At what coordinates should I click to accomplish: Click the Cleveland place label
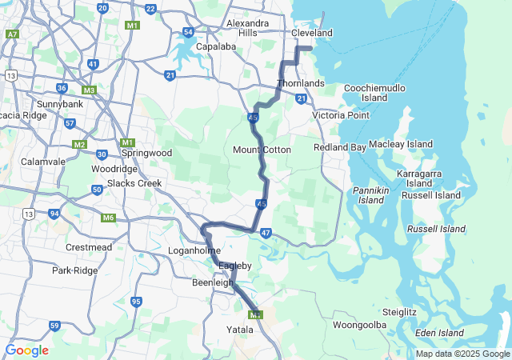(311, 34)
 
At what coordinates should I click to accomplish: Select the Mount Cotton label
(262, 150)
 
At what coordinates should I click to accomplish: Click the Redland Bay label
(340, 148)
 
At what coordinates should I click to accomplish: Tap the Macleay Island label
(401, 144)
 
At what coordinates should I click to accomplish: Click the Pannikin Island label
(370, 194)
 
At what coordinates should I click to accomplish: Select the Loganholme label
(188, 250)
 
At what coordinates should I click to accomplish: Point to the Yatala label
(240, 329)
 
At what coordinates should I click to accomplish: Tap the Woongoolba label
(359, 325)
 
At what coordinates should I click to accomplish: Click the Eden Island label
(439, 333)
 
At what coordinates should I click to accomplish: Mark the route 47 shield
(266, 233)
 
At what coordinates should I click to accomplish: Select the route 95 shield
(137, 302)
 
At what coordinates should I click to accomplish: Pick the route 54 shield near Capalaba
(188, 32)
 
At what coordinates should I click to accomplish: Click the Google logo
(26, 350)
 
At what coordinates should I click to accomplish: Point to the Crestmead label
(88, 247)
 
